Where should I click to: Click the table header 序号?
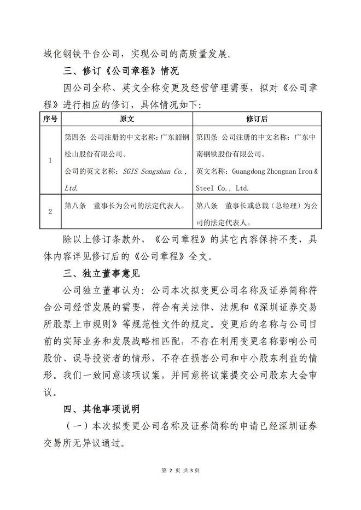50,118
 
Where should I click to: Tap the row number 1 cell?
50,161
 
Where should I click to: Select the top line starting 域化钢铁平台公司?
137,54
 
